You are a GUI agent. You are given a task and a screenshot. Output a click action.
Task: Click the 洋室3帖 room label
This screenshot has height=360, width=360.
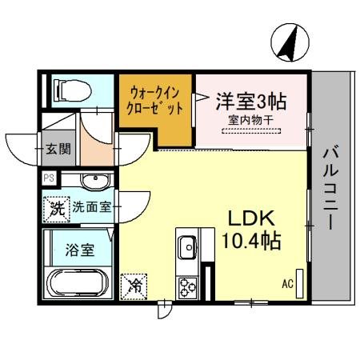click(x=251, y=102)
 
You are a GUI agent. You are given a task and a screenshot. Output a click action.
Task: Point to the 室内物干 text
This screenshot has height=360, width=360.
click(x=252, y=119)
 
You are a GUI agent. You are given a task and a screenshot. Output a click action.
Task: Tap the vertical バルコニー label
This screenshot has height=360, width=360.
click(x=329, y=188)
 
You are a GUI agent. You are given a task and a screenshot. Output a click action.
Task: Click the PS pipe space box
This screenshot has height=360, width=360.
click(x=49, y=178)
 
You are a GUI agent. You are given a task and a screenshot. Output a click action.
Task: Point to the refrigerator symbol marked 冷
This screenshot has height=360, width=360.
click(x=135, y=284)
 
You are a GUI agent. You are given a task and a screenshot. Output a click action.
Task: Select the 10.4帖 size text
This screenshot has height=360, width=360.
click(x=250, y=241)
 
